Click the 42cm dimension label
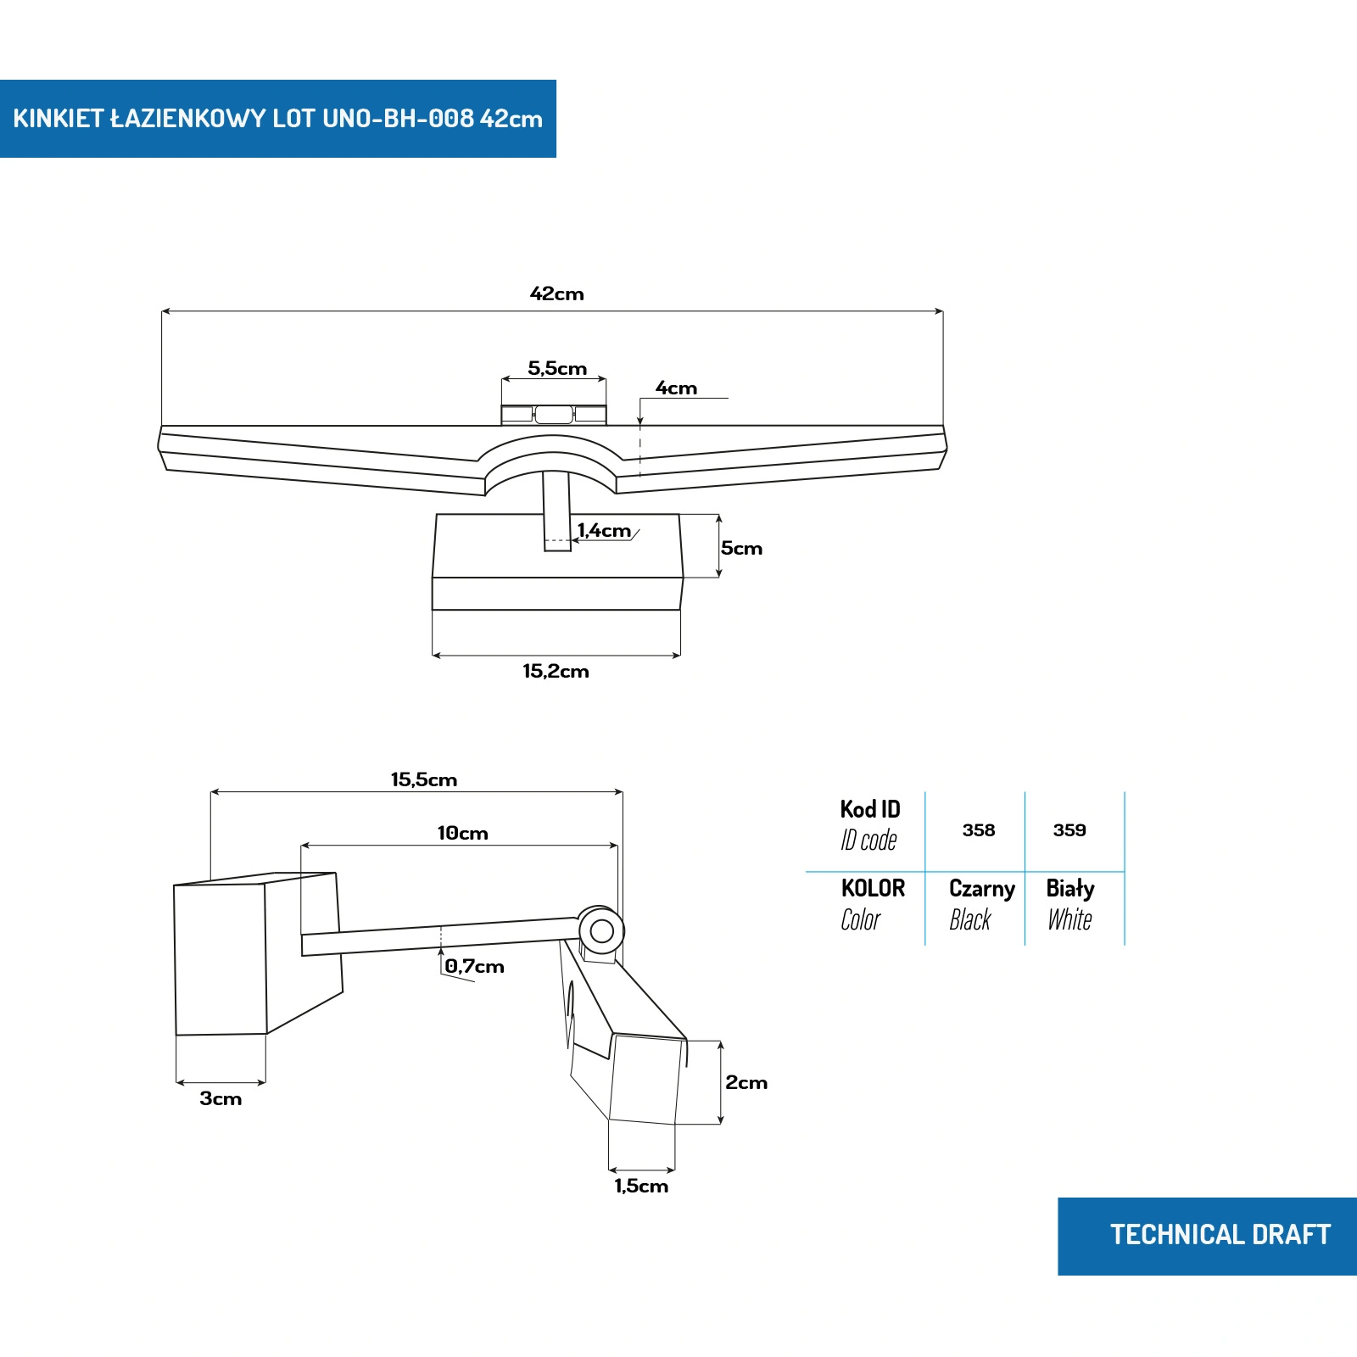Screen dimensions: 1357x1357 pyautogui.click(x=556, y=294)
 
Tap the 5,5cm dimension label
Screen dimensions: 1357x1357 pyautogui.click(x=557, y=369)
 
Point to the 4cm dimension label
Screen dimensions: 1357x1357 pyautogui.click(x=676, y=388)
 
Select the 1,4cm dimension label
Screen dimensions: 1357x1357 pyautogui.click(x=604, y=531)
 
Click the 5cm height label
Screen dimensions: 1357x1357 pyautogui.click(x=741, y=549)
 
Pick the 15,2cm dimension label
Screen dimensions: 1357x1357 pyautogui.click(x=556, y=672)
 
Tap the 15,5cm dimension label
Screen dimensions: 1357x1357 pyautogui.click(x=423, y=780)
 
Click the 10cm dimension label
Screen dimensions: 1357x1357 pyautogui.click(x=462, y=834)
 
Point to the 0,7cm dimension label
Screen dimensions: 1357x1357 pyautogui.click(x=474, y=967)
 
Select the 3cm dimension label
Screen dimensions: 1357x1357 pyautogui.click(x=221, y=1099)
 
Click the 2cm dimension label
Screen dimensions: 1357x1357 pyautogui.click(x=746, y=1083)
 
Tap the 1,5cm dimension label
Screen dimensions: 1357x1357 pyautogui.click(x=641, y=1187)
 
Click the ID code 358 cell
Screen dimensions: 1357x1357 pyautogui.click(x=979, y=830)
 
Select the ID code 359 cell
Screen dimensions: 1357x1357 pyautogui.click(x=1069, y=830)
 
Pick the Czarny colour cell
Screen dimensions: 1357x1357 pyautogui.click(x=981, y=903)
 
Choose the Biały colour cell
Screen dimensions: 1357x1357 pyautogui.click(x=1070, y=903)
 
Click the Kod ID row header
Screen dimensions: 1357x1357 pyautogui.click(x=869, y=824)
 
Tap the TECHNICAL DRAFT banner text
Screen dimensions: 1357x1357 pyautogui.click(x=1220, y=1235)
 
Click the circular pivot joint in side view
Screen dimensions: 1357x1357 pyautogui.click(x=601, y=931)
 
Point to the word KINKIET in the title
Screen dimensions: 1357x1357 pyautogui.click(x=58, y=119)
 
